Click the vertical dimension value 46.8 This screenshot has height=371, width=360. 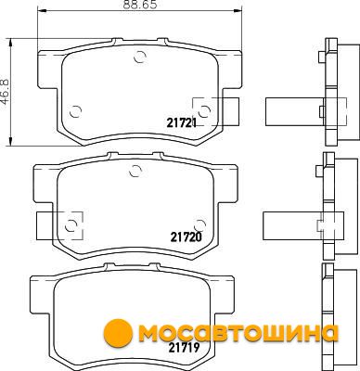click(x=6, y=92)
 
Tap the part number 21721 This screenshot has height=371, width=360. click(x=182, y=123)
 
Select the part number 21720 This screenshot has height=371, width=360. click(x=186, y=237)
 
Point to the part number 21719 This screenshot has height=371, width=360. click(x=184, y=349)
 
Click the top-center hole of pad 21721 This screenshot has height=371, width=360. click(x=139, y=57)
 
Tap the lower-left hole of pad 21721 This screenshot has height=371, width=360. click(x=75, y=111)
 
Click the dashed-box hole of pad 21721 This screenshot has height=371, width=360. click(x=204, y=111)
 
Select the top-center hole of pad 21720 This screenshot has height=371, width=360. click(x=135, y=171)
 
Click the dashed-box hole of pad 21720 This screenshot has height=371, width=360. click(x=71, y=225)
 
